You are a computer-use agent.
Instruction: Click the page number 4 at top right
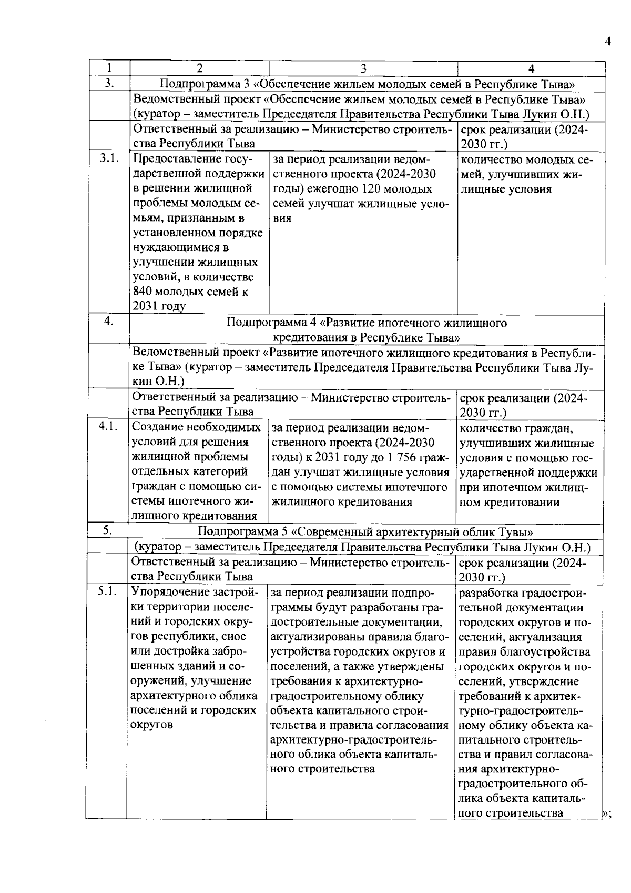608,42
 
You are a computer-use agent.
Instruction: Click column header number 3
363,68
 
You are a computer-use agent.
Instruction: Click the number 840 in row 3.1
143,292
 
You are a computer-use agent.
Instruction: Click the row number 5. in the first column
107,531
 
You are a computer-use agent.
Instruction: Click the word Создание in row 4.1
156,427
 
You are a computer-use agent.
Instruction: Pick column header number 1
109,68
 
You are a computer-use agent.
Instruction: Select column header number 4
531,68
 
